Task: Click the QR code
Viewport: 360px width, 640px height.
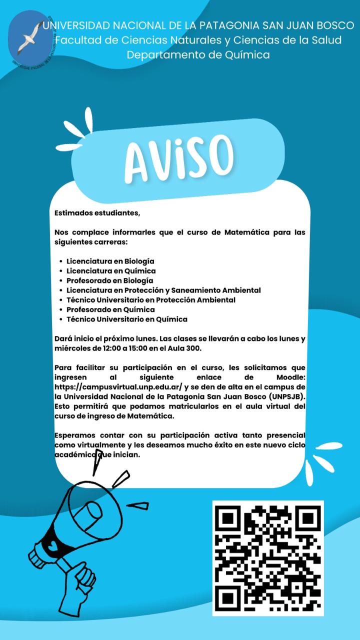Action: click(x=268, y=557)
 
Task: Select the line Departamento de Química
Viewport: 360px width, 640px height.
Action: click(x=198, y=54)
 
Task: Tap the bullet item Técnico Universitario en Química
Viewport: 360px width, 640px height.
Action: click(x=127, y=319)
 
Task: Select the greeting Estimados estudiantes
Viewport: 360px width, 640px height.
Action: click(x=97, y=213)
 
